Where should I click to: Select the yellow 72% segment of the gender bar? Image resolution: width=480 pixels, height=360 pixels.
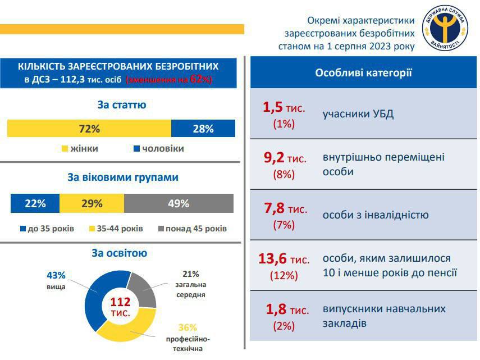pyautogui.click(x=89, y=129)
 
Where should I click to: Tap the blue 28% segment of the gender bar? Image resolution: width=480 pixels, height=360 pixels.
pyautogui.click(x=203, y=129)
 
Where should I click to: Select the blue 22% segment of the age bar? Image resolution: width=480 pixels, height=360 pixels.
pyautogui.click(x=35, y=203)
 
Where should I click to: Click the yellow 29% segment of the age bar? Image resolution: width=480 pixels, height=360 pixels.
pyautogui.click(x=92, y=203)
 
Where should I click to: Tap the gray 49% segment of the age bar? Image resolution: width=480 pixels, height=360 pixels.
pyautogui.click(x=179, y=203)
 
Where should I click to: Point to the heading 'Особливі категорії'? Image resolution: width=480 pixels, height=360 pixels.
pyautogui.click(x=363, y=72)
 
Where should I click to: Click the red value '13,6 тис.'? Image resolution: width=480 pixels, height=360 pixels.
pyautogui.click(x=284, y=259)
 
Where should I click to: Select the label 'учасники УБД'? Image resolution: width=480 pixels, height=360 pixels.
pyautogui.click(x=358, y=114)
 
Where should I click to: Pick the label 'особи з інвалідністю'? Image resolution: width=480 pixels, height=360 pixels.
pyautogui.click(x=376, y=215)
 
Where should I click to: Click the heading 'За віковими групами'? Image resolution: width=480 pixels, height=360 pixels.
pyautogui.click(x=123, y=177)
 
